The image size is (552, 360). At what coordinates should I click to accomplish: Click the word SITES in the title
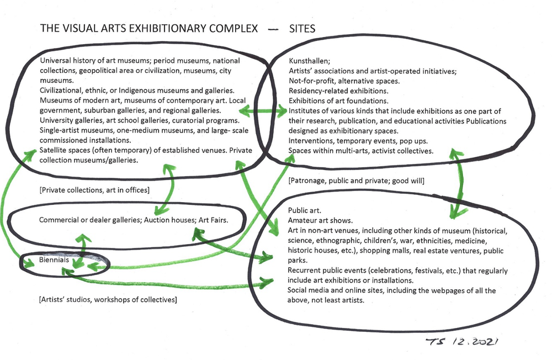tap(302, 29)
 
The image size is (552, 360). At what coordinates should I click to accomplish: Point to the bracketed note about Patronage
tap(356, 181)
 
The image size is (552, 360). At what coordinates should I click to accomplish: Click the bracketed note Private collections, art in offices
tap(95, 190)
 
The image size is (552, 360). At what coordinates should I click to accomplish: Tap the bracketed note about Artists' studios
tap(108, 300)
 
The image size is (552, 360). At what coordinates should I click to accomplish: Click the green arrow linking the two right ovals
tap(457, 182)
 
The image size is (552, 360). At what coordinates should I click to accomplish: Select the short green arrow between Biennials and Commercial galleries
tap(83, 246)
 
